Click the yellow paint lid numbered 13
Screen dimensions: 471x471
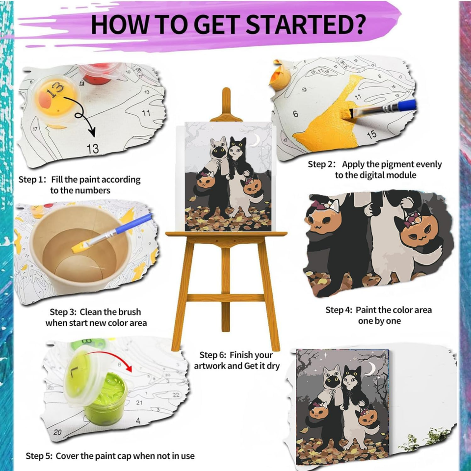(55, 93)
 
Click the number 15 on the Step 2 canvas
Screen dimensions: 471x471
(371, 133)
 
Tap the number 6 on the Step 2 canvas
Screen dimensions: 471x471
(295, 114)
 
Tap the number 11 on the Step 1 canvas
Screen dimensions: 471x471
(146, 113)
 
